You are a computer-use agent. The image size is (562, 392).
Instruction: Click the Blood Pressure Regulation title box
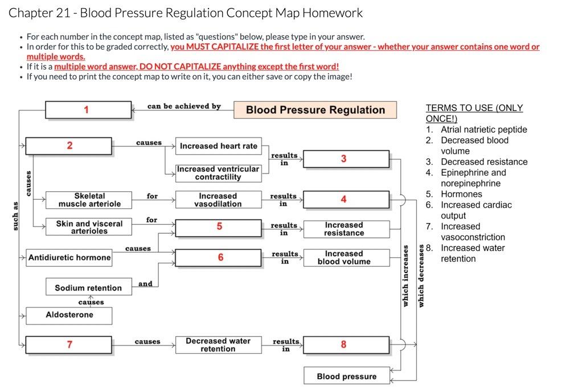(x=315, y=110)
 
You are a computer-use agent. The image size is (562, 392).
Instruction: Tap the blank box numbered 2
(x=69, y=146)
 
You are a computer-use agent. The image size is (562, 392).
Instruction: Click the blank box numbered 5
(x=219, y=227)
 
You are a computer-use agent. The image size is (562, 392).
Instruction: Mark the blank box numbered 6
(x=219, y=258)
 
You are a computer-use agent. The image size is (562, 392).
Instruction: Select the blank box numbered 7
(x=69, y=345)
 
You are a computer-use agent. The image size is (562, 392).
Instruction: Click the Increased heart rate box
(x=219, y=146)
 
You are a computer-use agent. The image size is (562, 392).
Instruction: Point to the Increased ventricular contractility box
(x=218, y=173)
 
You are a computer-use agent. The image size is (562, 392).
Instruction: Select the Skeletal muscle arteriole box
(x=89, y=200)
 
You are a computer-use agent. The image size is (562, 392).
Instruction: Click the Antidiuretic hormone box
(x=69, y=258)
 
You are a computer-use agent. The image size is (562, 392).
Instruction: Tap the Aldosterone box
(x=69, y=315)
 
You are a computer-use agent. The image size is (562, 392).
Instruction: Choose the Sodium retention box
(x=88, y=288)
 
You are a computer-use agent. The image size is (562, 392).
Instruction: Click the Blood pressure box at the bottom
(x=346, y=377)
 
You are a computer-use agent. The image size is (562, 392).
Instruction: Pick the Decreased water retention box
(x=218, y=345)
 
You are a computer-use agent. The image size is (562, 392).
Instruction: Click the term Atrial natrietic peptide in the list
(x=483, y=130)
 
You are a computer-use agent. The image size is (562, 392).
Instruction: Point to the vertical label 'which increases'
(x=405, y=275)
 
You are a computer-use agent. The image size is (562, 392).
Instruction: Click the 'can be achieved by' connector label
(x=183, y=106)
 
